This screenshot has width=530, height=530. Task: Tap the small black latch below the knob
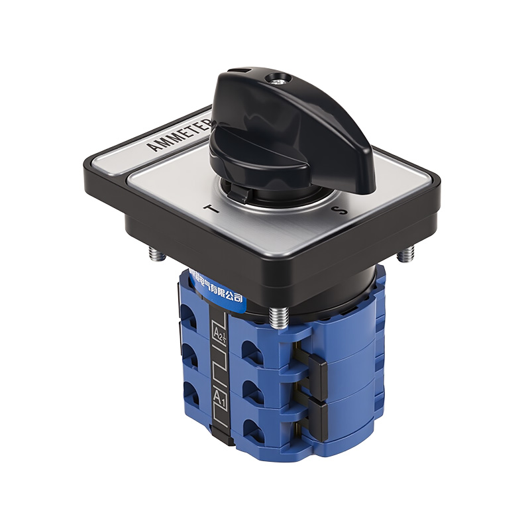click(x=240, y=193)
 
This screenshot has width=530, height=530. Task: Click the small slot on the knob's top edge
click(x=245, y=70)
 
